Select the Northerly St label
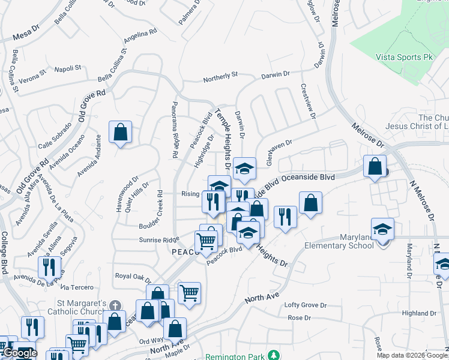[x=220, y=77]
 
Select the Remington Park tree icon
[x=274, y=355]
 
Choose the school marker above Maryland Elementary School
[x=382, y=229]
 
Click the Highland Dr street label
[x=419, y=313]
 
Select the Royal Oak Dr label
[x=133, y=276]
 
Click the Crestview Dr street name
[x=308, y=101]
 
